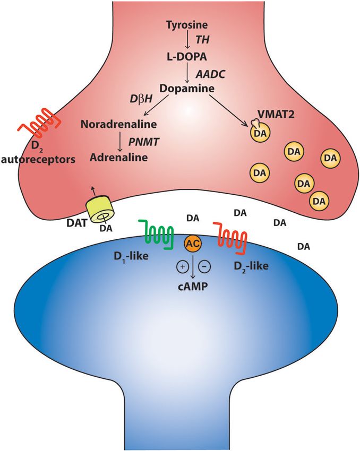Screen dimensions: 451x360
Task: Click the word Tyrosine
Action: tap(186, 25)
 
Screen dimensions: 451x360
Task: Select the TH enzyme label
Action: tap(202, 40)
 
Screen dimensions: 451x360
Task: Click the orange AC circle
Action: tap(192, 243)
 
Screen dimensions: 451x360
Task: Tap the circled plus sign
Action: tap(182, 267)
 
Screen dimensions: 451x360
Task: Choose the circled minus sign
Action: tap(202, 267)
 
